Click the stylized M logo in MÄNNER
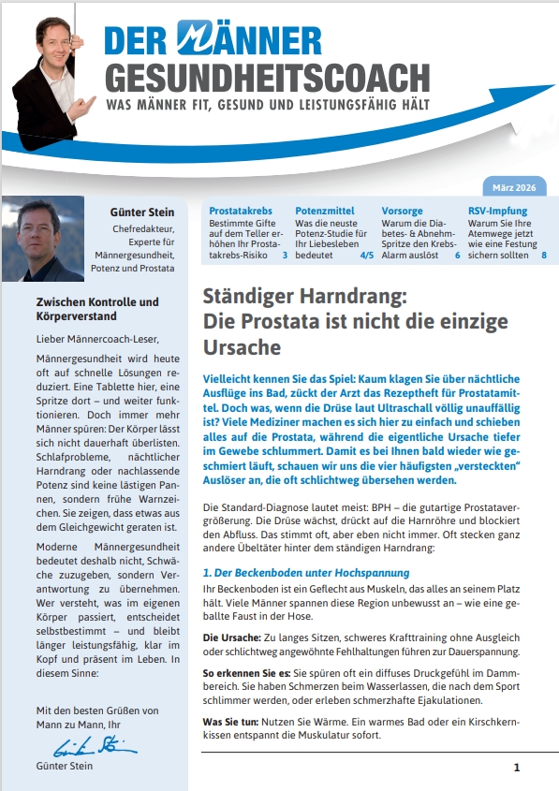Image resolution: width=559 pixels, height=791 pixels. click(x=197, y=40)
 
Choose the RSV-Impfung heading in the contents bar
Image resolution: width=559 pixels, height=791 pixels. click(x=498, y=212)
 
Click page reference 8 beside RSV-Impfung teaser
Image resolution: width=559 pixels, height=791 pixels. click(x=544, y=254)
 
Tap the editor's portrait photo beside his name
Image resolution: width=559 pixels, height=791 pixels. click(x=43, y=239)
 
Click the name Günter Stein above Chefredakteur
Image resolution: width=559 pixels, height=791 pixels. click(x=142, y=212)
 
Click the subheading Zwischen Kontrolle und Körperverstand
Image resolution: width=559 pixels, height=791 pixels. click(x=96, y=311)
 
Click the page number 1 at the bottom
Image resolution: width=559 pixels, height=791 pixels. click(x=516, y=768)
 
